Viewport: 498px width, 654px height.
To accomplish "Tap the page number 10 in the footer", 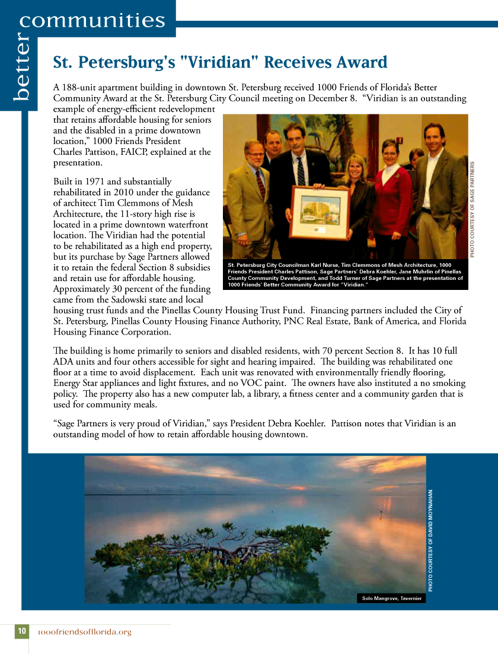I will (21, 631).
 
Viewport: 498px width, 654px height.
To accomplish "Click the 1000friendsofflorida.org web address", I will (84, 632).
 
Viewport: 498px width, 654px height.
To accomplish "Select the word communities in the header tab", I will (92, 21).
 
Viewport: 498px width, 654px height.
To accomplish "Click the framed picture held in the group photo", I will (319, 212).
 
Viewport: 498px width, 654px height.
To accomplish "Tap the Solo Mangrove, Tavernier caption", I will (392, 598).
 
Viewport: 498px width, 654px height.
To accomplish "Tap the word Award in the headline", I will (362, 62).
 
